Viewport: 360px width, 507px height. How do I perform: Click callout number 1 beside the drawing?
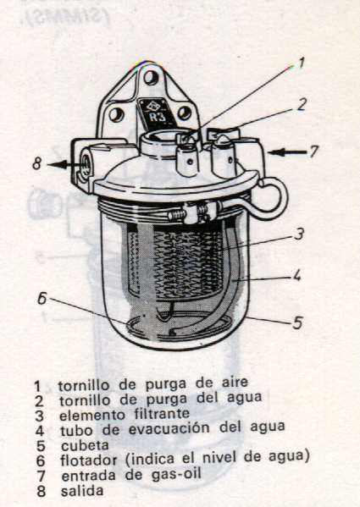tap(300, 62)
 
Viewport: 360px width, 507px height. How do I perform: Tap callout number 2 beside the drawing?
tap(301, 105)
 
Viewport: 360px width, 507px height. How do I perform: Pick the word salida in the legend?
tap(80, 490)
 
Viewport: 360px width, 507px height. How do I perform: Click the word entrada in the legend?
tap(86, 474)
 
